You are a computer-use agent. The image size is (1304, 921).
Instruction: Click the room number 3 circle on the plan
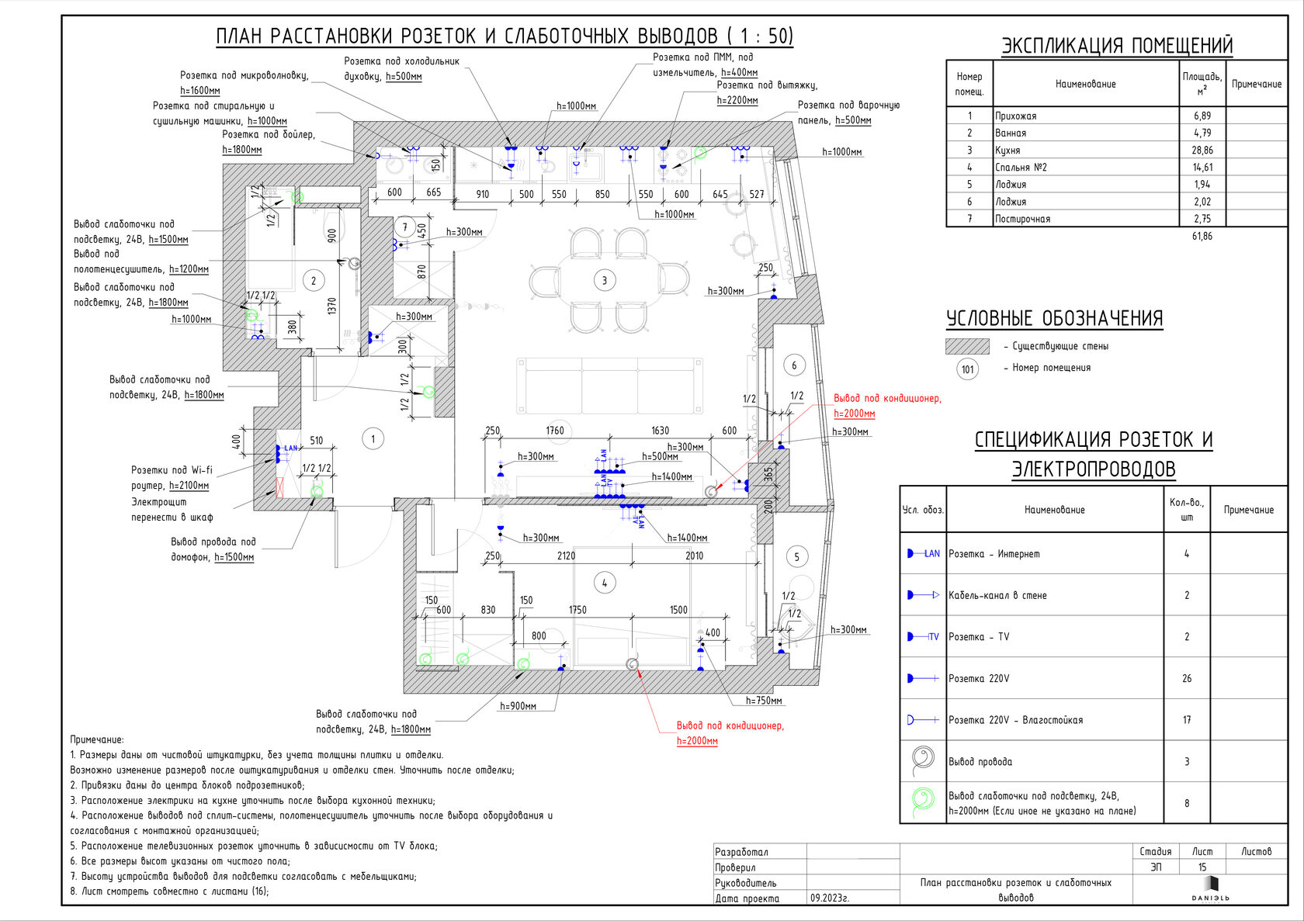coord(605,281)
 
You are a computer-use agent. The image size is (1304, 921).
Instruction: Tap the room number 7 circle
coord(404,227)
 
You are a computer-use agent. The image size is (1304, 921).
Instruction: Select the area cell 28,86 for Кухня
coord(1202,151)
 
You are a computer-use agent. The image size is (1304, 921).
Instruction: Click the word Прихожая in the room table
coord(1016,116)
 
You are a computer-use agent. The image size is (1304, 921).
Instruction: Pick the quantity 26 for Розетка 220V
coord(1187,679)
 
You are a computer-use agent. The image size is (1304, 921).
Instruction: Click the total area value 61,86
coord(1202,237)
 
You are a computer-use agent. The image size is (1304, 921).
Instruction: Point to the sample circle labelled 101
coord(967,369)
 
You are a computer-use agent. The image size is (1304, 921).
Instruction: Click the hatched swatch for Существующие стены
coord(967,346)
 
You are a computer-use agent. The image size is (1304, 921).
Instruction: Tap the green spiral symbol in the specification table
coord(923,802)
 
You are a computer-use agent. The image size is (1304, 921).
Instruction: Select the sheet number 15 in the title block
coord(1202,867)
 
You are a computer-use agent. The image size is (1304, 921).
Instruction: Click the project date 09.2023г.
coord(830,898)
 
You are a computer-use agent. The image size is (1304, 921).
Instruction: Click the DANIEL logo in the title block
coord(1211,889)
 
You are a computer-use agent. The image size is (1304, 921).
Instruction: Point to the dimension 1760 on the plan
coord(555,431)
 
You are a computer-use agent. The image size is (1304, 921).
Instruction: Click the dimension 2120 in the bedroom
coord(566,556)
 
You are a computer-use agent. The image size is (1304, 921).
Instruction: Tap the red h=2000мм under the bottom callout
coord(697,742)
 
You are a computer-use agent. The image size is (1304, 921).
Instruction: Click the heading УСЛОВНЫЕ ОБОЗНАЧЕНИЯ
coord(1054,319)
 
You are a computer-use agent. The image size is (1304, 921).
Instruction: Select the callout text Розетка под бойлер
coord(269,135)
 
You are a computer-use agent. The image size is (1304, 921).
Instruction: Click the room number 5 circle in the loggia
coord(796,556)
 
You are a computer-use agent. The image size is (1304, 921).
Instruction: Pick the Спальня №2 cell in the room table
coord(1021,168)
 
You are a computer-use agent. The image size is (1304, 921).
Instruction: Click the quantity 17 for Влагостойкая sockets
coord(1187,720)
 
